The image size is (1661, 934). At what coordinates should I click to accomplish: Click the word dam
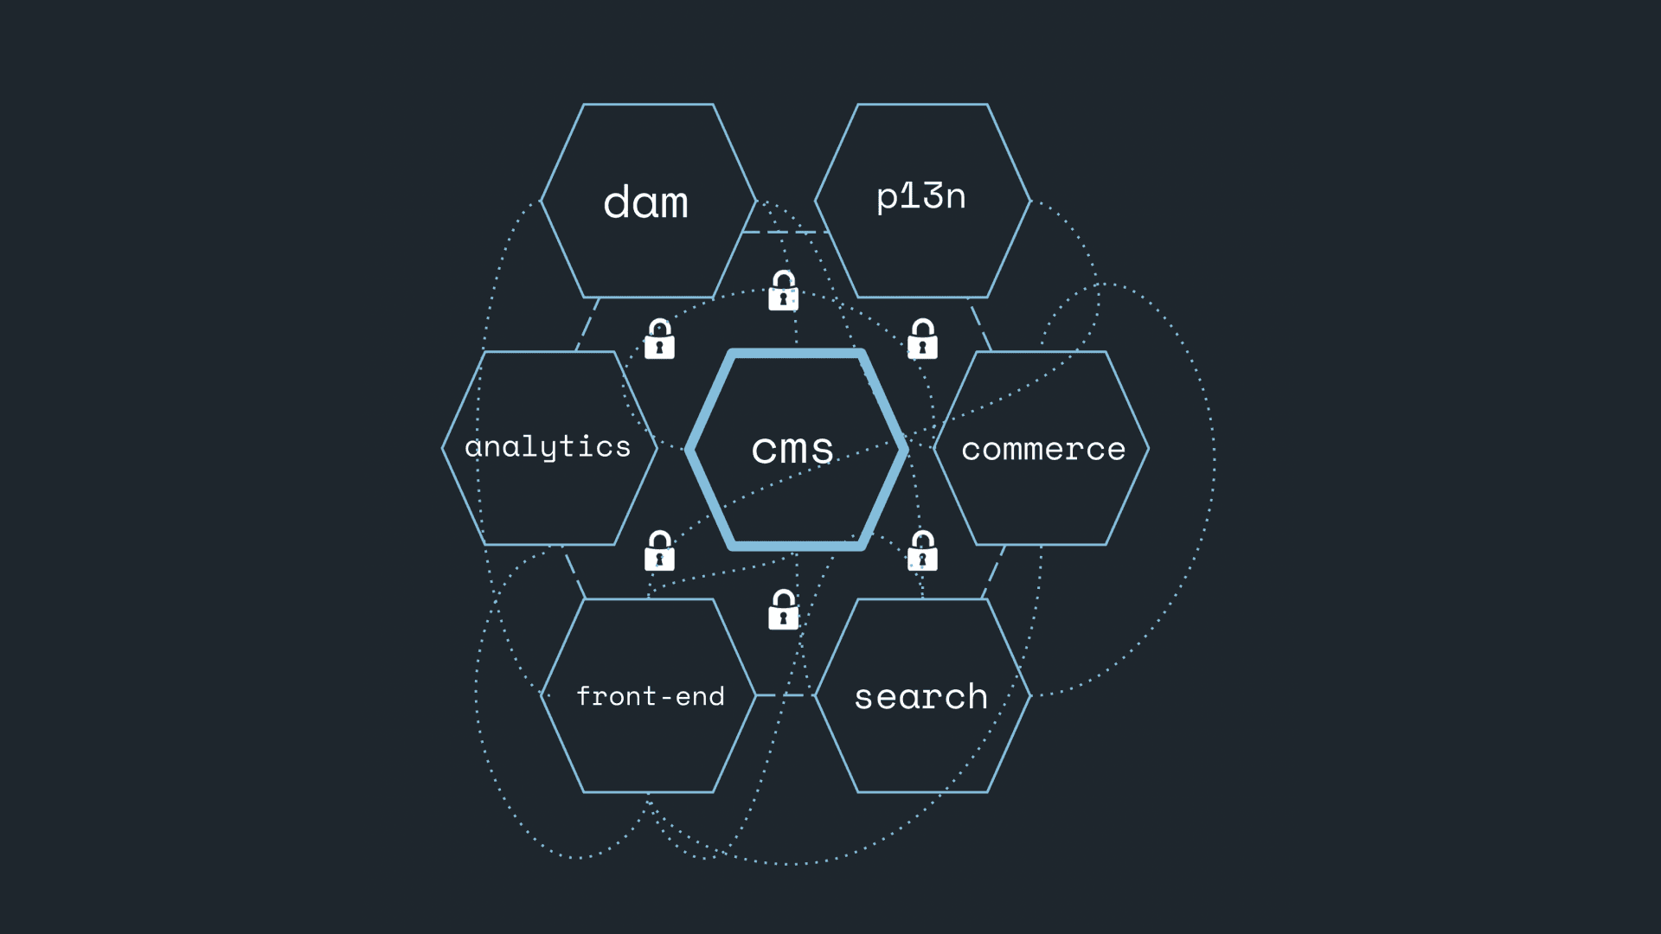point(645,203)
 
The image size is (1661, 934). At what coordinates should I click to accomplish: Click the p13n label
point(920,197)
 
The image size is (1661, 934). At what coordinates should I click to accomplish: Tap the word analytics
point(548,447)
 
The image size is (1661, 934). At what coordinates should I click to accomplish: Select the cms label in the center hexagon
point(792,449)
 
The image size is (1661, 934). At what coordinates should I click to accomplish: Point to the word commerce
point(1043,449)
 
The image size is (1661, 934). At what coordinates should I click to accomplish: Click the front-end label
point(650,696)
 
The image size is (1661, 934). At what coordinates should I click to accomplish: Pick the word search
point(920,696)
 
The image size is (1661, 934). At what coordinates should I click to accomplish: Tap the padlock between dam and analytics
point(659,339)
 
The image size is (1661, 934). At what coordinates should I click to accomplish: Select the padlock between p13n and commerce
point(922,339)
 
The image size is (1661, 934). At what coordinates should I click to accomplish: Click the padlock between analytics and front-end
point(659,551)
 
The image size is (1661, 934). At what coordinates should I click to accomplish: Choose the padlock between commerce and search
point(922,551)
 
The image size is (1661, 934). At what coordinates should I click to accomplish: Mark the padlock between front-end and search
point(783,610)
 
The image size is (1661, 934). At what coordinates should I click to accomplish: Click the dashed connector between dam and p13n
point(786,232)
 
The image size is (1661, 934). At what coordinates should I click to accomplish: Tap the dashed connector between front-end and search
point(786,695)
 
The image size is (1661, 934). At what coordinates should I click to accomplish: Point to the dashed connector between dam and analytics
point(587,324)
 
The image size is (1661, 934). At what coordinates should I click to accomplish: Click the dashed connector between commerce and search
point(993,572)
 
